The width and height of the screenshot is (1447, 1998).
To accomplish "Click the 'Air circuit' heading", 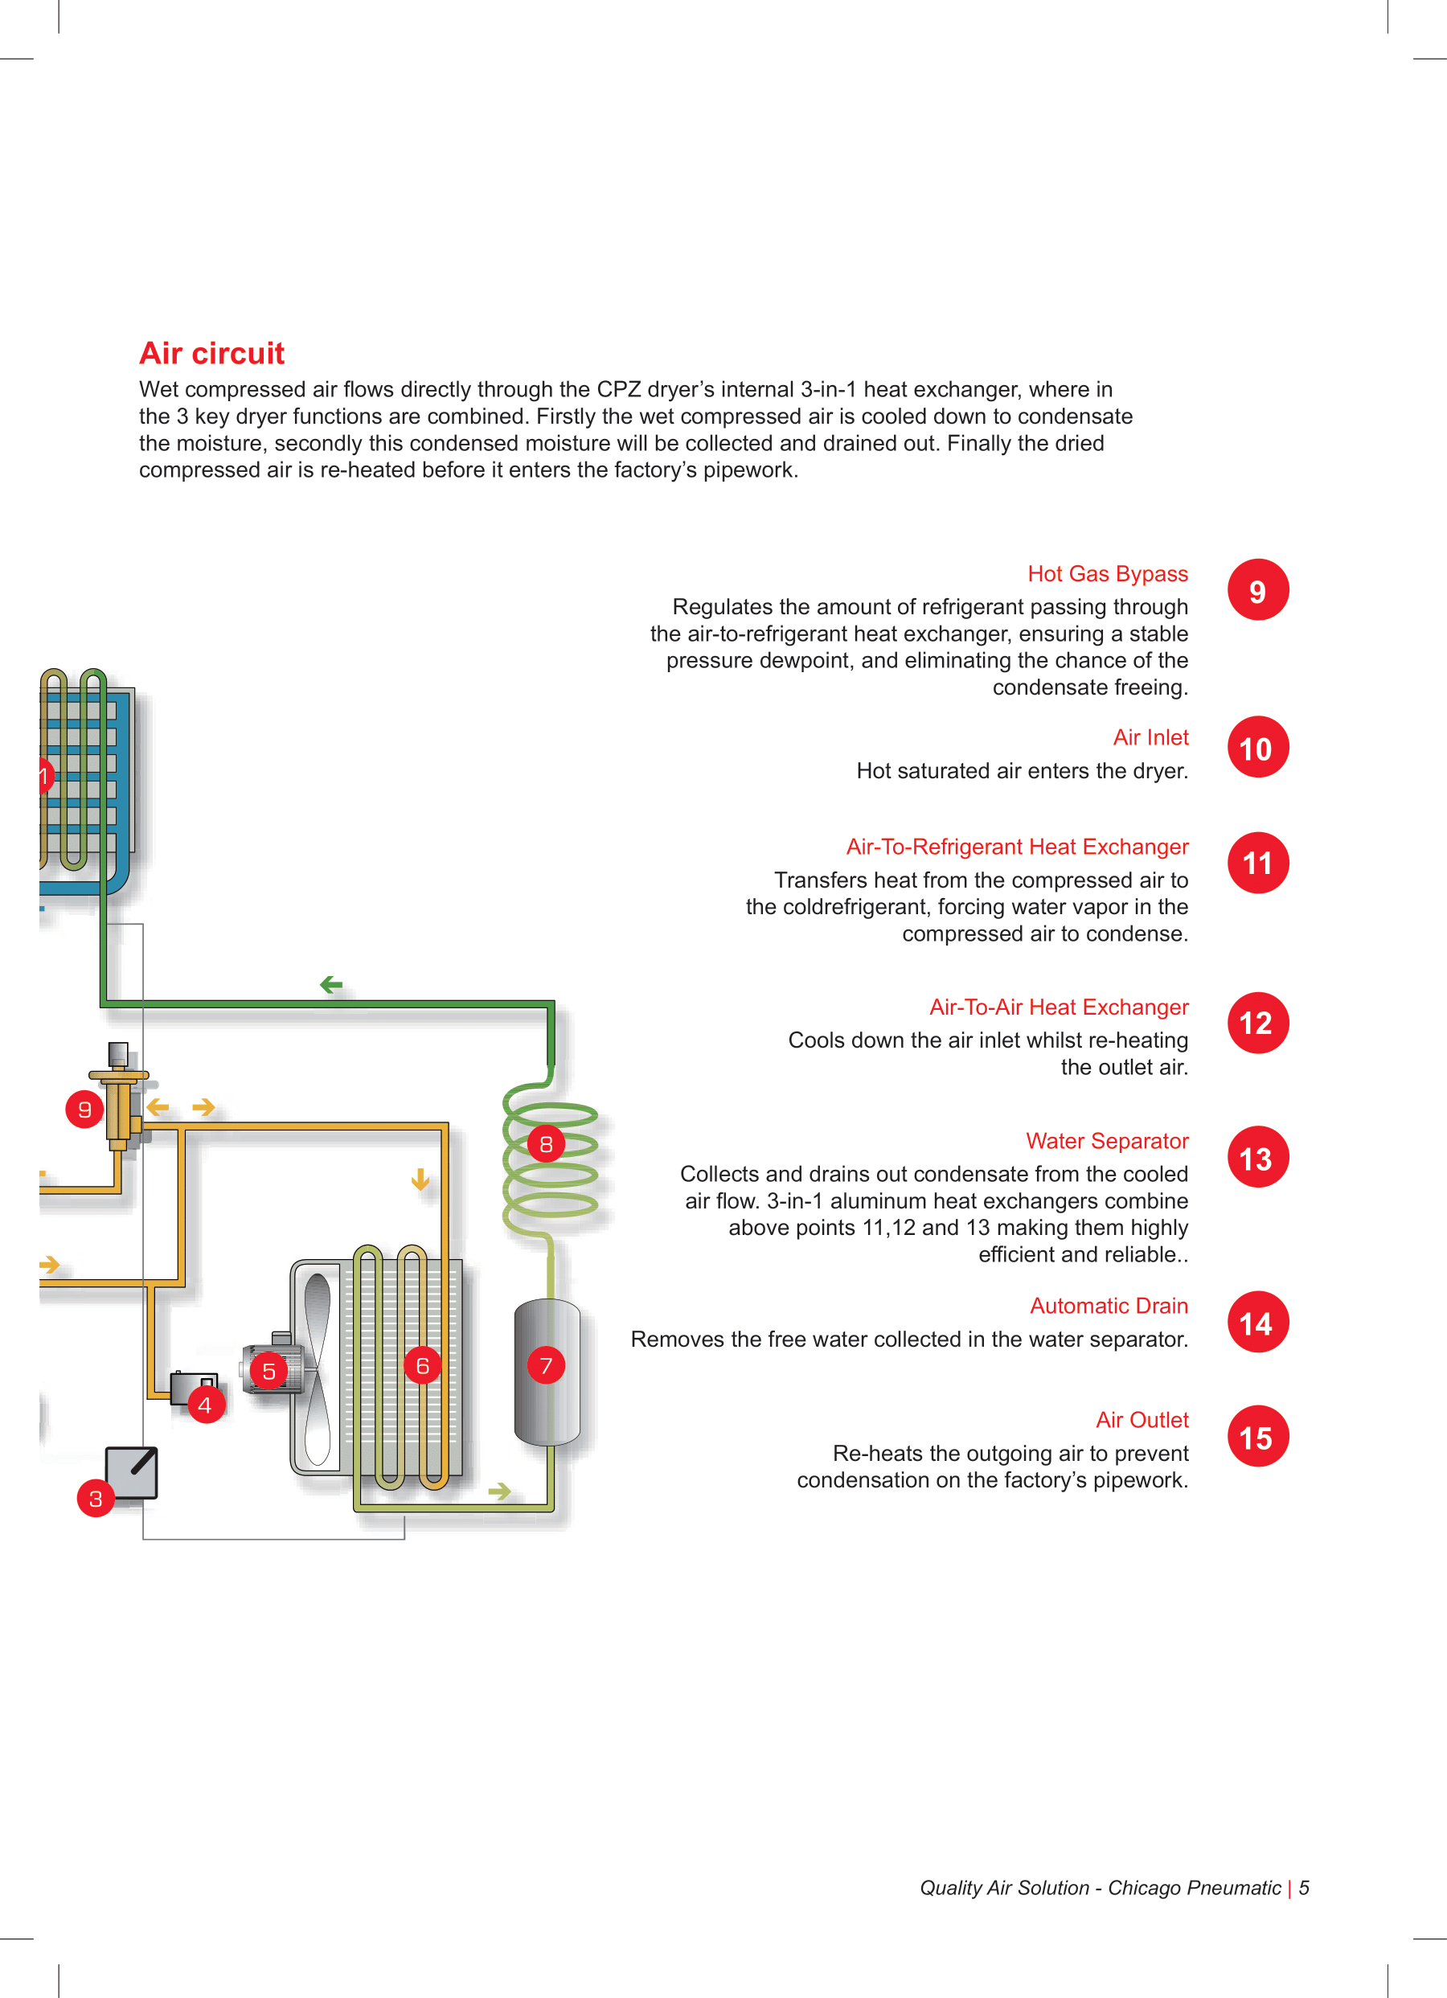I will (x=211, y=353).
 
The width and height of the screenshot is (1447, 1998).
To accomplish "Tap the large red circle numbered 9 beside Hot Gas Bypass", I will (x=1257, y=590).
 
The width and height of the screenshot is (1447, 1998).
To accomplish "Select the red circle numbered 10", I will (x=1257, y=748).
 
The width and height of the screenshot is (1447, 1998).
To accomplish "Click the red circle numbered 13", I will (x=1257, y=1158).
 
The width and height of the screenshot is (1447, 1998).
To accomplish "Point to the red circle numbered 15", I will (x=1257, y=1437).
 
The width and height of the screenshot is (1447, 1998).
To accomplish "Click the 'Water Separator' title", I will (x=1106, y=1141).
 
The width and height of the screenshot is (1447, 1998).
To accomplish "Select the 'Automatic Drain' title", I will (x=1108, y=1306).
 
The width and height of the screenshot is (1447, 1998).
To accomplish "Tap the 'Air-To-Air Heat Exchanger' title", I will (x=1059, y=1007).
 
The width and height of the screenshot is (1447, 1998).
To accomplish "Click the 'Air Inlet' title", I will (x=1150, y=737).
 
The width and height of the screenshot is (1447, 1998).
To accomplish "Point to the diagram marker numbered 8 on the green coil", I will (x=546, y=1143).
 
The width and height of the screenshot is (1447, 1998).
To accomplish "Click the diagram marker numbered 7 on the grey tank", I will (x=546, y=1365).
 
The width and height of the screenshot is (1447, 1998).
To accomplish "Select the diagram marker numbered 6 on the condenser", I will (x=423, y=1365).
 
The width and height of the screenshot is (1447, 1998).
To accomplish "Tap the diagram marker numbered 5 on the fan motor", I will (x=268, y=1371).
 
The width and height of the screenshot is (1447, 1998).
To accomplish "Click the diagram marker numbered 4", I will (x=205, y=1405).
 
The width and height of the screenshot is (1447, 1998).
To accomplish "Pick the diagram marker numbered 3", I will (x=95, y=1499).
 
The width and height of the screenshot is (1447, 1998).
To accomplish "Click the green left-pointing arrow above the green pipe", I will (x=331, y=985).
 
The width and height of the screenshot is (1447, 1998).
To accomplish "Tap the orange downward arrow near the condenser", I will (x=420, y=1179).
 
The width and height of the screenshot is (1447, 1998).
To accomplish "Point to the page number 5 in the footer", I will (x=1305, y=1888).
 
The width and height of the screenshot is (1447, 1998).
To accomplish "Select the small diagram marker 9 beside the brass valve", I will (x=84, y=1109).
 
